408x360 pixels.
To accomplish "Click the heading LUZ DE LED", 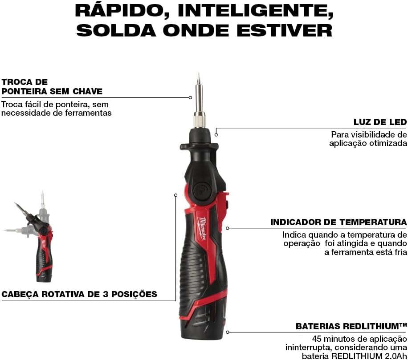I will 380,122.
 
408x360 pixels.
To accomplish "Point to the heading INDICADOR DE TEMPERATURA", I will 338,222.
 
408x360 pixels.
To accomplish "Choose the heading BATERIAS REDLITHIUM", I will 351,326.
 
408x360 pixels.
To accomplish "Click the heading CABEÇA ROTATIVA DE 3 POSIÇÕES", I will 79,294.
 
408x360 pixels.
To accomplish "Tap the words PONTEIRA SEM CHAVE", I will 52,92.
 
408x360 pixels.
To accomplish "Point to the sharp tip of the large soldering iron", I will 198,74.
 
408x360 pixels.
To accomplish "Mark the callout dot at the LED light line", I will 216,134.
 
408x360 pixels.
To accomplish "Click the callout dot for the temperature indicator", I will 228,228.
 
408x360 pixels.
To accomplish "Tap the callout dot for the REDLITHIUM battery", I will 228,332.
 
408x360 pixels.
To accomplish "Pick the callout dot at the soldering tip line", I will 191,97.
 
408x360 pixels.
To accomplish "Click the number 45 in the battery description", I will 318,339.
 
